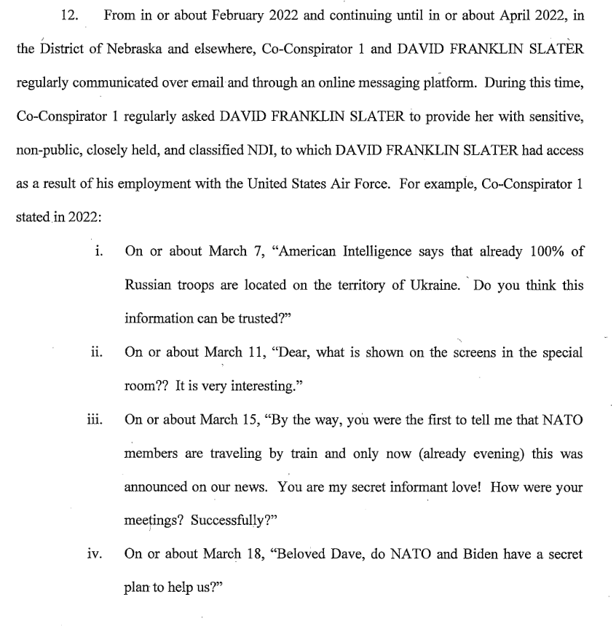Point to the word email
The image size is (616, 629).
[205, 84]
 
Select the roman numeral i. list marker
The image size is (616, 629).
[99, 252]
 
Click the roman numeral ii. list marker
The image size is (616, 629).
[97, 352]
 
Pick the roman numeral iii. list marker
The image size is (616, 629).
[95, 420]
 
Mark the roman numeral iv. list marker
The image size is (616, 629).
[95, 555]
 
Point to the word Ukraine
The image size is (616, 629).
[435, 285]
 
